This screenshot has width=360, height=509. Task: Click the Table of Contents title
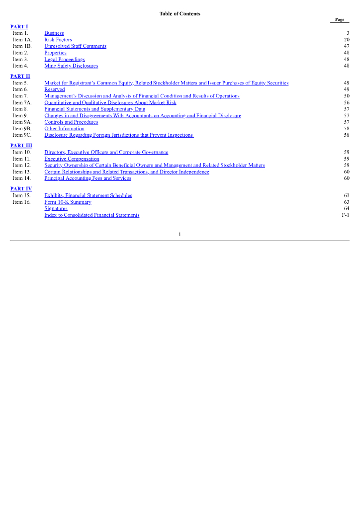click(x=180, y=13)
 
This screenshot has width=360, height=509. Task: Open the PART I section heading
click(x=19, y=26)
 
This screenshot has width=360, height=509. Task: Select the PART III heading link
click(x=21, y=145)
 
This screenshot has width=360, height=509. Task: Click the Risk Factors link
click(x=58, y=40)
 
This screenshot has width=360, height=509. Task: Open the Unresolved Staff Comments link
click(x=75, y=46)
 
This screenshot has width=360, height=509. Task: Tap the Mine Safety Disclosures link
click(x=71, y=66)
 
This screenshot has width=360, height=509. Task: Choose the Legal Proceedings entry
click(x=65, y=59)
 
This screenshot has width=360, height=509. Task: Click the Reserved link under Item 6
click(x=55, y=89)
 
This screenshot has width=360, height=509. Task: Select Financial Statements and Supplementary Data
click(x=94, y=109)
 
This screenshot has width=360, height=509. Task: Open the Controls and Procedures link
click(x=71, y=122)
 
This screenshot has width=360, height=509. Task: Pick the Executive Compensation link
click(x=72, y=159)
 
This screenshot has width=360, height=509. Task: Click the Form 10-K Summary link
click(x=68, y=202)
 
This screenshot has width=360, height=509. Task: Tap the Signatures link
click(x=56, y=209)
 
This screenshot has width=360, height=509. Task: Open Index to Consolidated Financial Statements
click(x=92, y=215)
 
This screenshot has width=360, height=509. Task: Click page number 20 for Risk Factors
click(x=347, y=40)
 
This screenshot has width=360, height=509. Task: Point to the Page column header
click(x=340, y=20)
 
